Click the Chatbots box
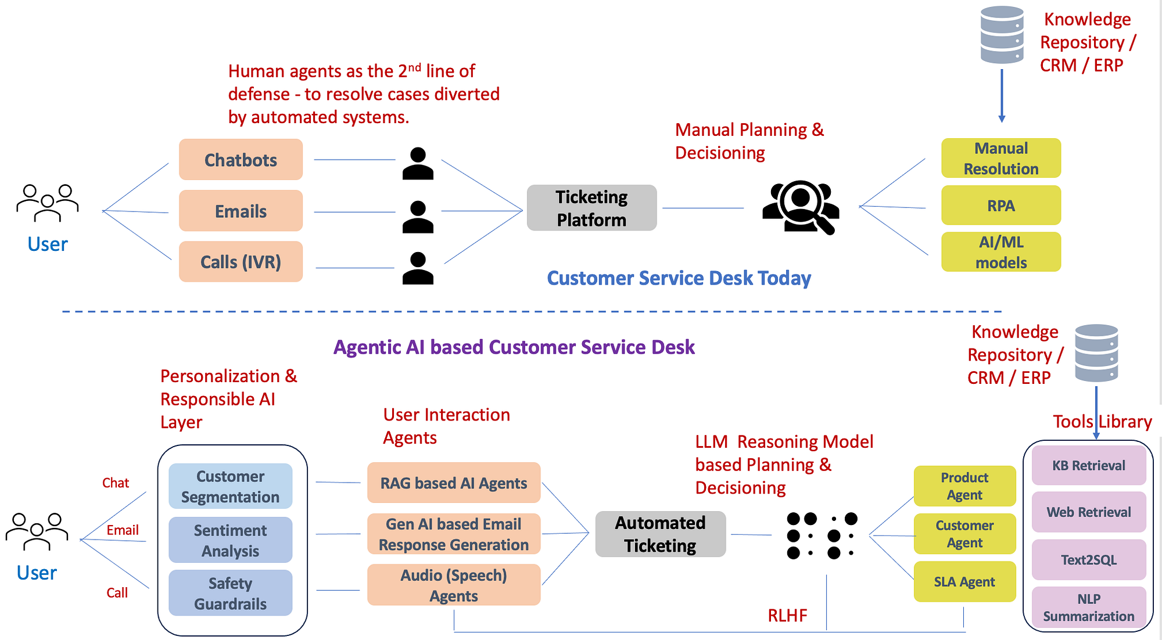point(241,160)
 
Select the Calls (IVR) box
point(241,262)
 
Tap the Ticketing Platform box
point(591,208)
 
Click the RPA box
point(1000,206)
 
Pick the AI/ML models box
point(1000,252)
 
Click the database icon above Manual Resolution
point(1002,35)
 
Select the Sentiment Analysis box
point(230,540)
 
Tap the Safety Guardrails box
point(230,593)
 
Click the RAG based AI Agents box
point(453,483)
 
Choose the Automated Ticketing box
point(660,534)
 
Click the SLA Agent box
point(964,581)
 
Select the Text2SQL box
point(1088,560)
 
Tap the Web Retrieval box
point(1088,512)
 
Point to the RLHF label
point(787,615)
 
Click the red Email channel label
point(122,530)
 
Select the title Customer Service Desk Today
point(679,278)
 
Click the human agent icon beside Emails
point(418,217)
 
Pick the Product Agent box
point(964,486)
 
